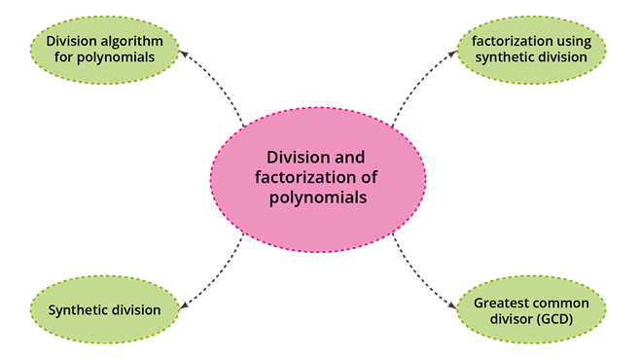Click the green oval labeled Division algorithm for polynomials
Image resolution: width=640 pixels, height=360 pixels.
105,49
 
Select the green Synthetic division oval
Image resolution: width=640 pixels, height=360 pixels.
105,310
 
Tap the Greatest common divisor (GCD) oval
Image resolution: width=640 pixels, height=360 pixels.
532,310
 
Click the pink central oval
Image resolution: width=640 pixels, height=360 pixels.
317,177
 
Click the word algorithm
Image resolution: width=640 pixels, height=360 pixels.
135,41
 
